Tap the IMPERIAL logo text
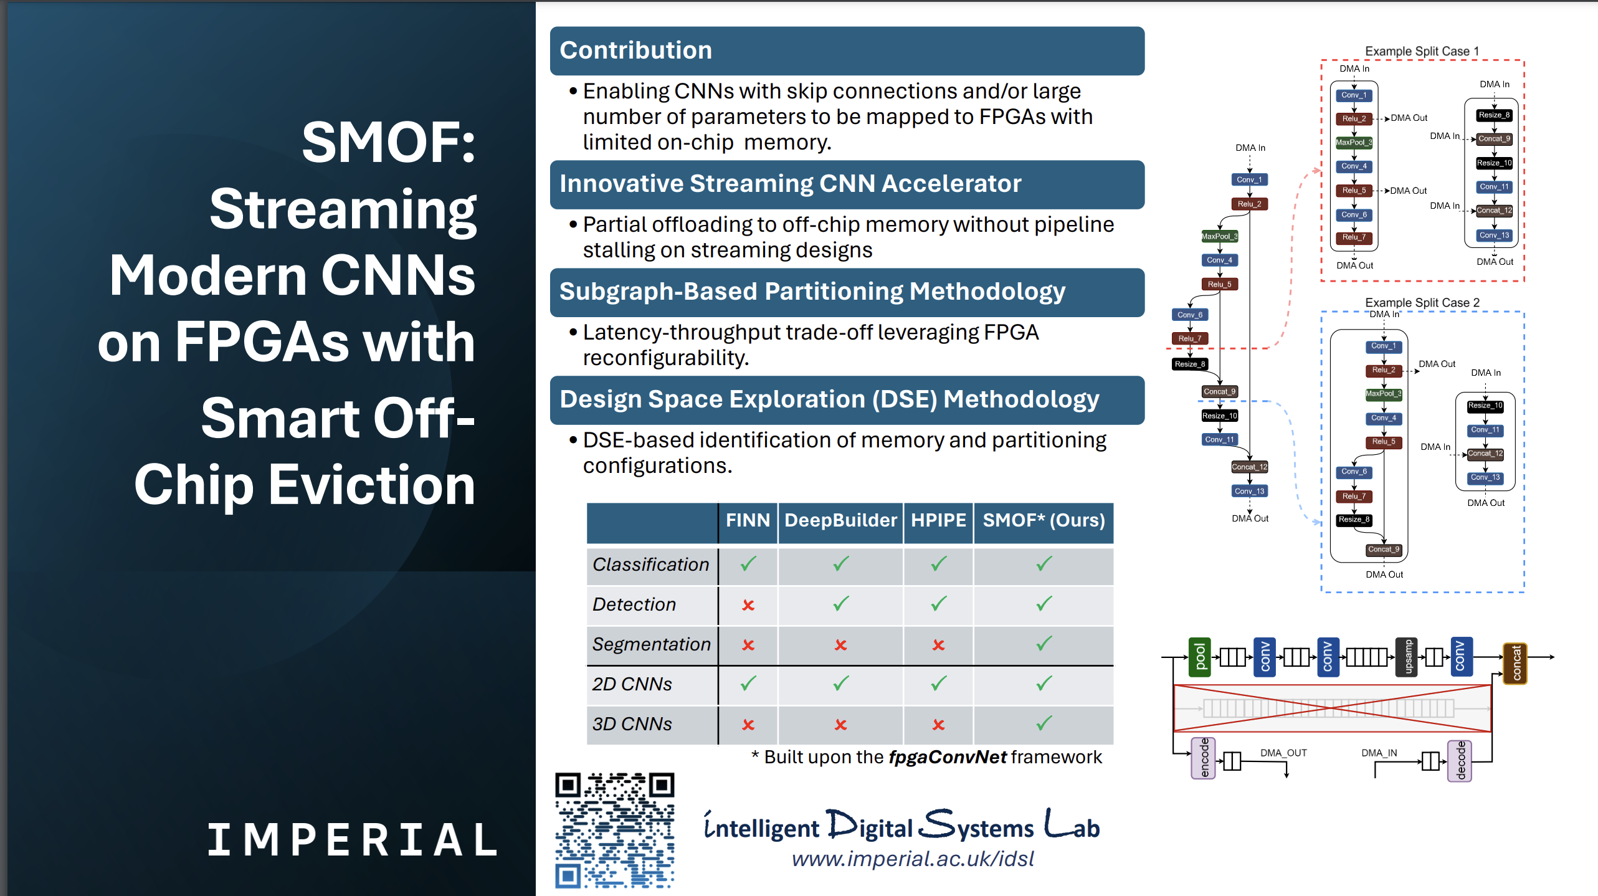pos(353,839)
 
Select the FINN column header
pos(748,520)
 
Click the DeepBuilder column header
pos(840,520)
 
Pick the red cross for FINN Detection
pos(748,605)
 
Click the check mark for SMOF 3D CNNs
pos(1044,723)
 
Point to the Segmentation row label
pos(651,644)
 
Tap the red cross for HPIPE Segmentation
pos(938,645)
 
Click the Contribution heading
pos(635,50)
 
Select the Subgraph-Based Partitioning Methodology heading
pos(812,292)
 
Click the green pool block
pos(1199,657)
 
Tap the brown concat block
pos(1515,664)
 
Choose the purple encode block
pos(1203,758)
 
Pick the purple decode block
pos(1460,761)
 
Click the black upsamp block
pos(1407,657)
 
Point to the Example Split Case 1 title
pos(1422,51)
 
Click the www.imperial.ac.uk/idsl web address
pos(913,859)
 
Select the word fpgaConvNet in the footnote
pos(947,757)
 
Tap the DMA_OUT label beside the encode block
pos(1283,753)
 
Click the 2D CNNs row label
pos(632,684)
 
